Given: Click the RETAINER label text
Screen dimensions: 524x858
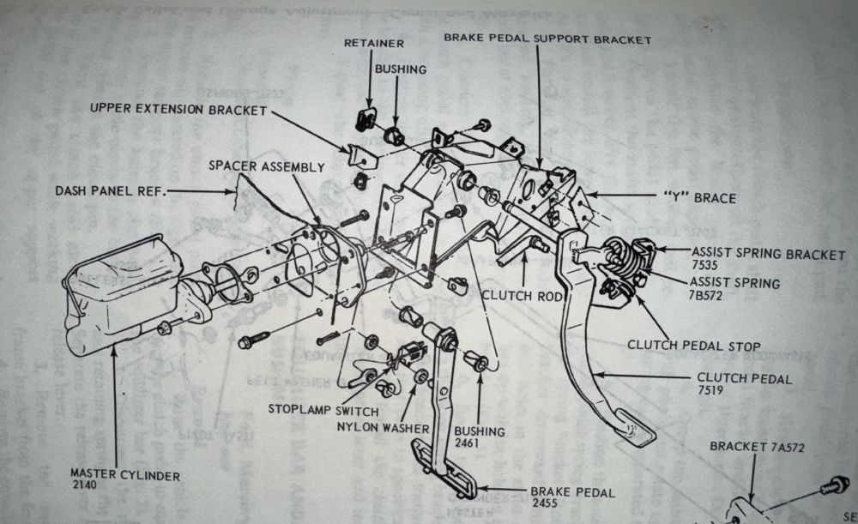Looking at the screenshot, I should click(x=374, y=44).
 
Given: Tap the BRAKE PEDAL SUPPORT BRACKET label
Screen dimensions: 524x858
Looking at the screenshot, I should click(x=547, y=39).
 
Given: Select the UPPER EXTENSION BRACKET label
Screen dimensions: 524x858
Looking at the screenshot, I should click(x=178, y=110).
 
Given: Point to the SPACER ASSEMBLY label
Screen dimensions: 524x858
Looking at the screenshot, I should click(x=268, y=167).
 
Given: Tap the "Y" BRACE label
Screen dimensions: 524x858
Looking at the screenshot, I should click(x=701, y=198).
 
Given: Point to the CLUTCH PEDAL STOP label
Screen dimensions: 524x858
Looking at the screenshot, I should click(x=693, y=346).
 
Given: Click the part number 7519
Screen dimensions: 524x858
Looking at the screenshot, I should click(x=710, y=391).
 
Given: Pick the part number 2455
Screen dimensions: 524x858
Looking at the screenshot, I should click(x=546, y=505).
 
